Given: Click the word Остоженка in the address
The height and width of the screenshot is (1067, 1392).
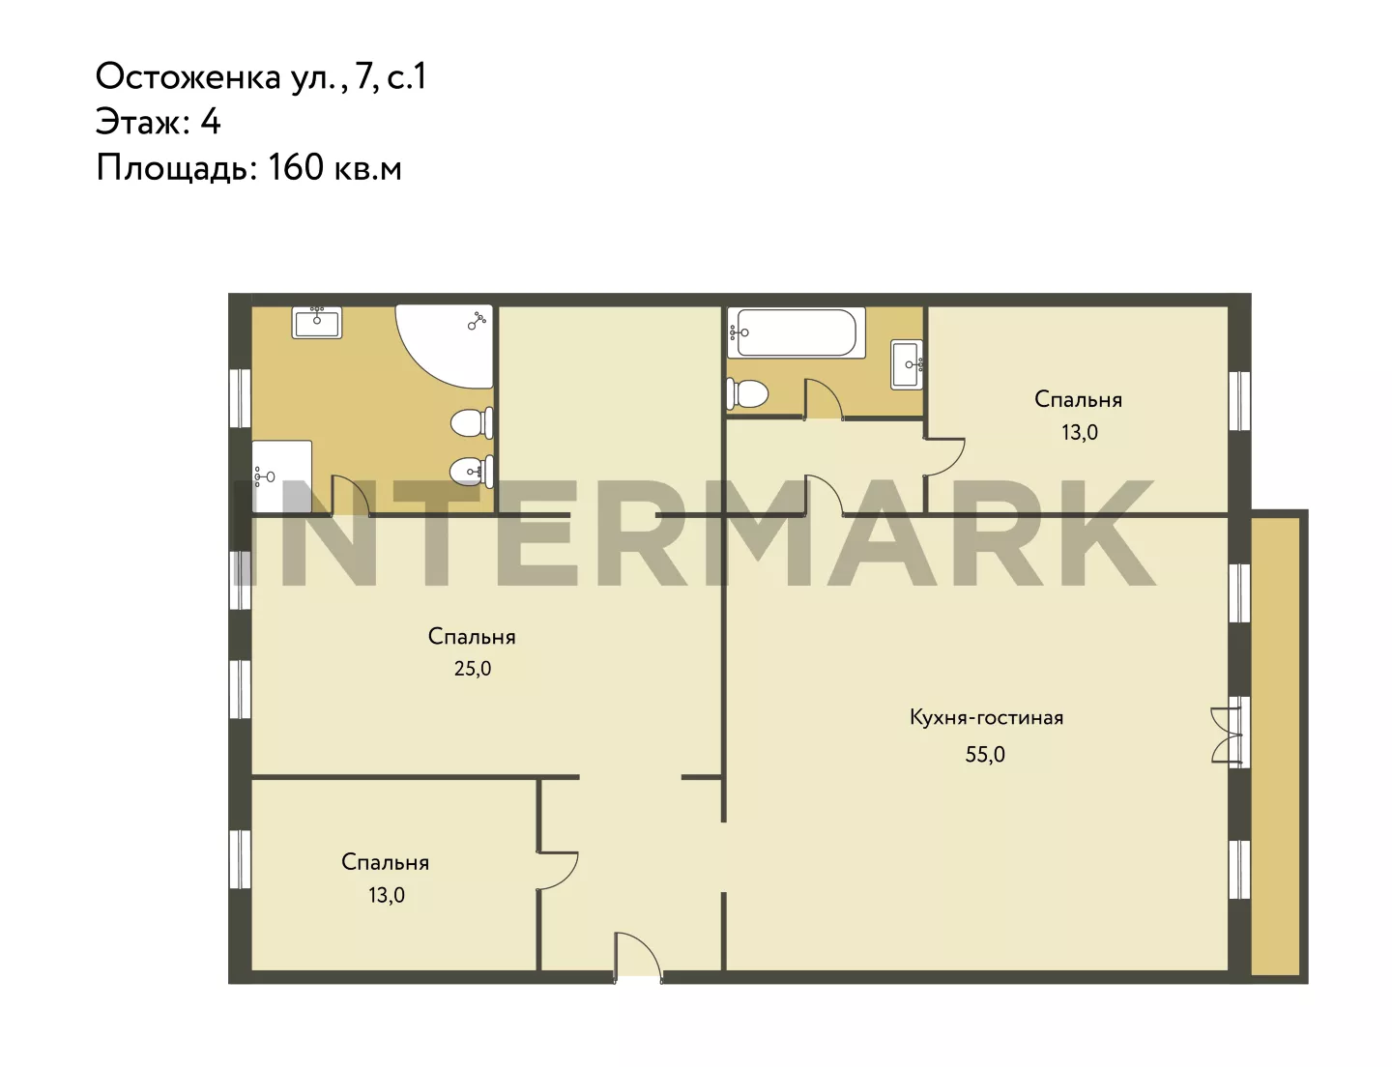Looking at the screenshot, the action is [188, 77].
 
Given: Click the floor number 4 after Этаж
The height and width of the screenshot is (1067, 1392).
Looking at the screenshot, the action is [210, 122].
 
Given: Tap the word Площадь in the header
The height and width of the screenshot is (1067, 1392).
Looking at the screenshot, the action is [176, 169].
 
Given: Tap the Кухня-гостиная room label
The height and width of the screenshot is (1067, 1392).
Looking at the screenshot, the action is [987, 717].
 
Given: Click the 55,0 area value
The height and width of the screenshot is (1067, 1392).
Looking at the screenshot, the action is [985, 755].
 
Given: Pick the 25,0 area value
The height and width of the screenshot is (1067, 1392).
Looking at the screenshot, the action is [473, 669].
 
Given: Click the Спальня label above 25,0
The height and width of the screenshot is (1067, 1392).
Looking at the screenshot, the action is [472, 637].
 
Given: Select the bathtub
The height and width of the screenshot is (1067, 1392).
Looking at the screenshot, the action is [797, 332].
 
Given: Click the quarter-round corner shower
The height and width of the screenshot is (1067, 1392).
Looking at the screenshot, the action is [444, 346].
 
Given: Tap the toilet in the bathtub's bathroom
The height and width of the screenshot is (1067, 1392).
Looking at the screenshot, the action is [747, 394].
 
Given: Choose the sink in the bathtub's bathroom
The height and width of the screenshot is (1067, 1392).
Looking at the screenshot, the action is [907, 364].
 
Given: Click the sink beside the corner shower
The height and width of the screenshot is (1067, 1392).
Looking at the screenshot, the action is [316, 322].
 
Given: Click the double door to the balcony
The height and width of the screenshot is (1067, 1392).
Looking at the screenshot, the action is [1226, 735].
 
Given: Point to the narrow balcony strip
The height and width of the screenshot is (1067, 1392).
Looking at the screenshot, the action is [1275, 747].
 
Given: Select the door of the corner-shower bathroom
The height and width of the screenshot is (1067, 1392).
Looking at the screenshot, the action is [351, 496].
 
